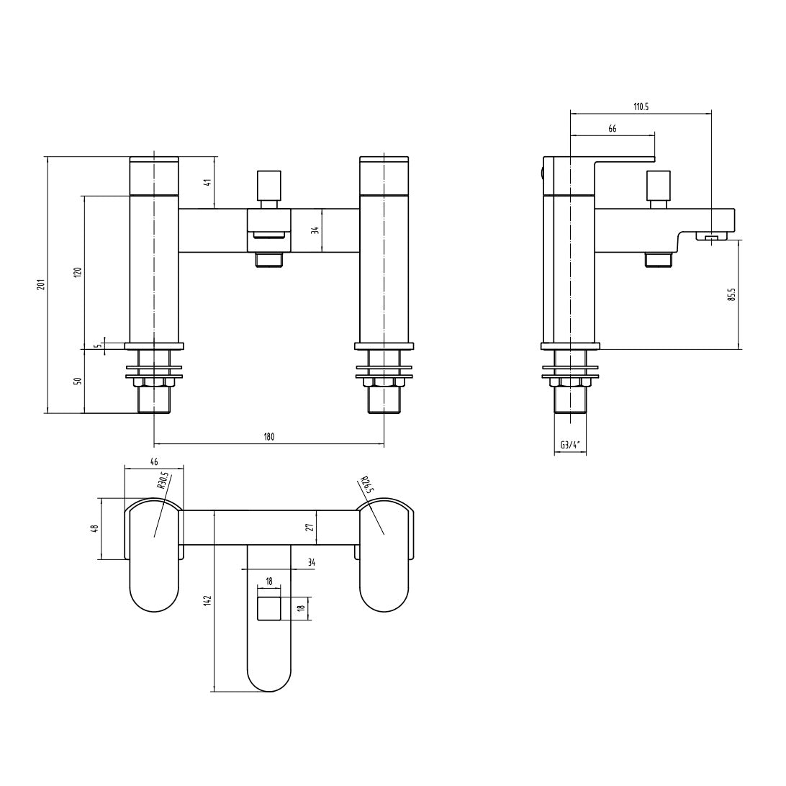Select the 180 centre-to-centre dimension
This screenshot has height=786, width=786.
[x=268, y=437]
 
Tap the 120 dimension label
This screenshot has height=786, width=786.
[x=78, y=273]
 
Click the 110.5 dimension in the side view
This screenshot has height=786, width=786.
[x=641, y=107]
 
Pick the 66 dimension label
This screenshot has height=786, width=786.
[x=613, y=129]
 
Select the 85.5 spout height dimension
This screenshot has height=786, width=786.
[x=732, y=294]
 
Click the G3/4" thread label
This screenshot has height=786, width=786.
[x=570, y=444]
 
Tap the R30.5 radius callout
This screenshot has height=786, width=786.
[x=163, y=480]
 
